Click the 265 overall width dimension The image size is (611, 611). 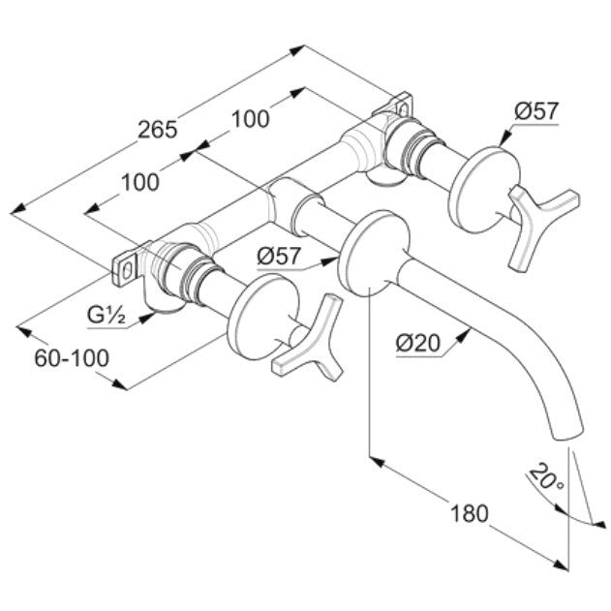(158, 130)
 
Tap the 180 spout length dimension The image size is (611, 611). (470, 513)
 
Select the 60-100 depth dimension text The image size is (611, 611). (72, 358)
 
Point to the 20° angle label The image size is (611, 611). (546, 477)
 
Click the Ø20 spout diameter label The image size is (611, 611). (418, 344)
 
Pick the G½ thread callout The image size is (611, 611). (107, 315)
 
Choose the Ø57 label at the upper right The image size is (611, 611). (536, 110)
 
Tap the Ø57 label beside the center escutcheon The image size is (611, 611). (279, 256)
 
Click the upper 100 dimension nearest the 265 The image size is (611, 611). (251, 119)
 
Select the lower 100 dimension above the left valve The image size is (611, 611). (140, 182)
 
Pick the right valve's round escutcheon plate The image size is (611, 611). (485, 189)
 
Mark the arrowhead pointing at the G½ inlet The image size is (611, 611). (146, 318)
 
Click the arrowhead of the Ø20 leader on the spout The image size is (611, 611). (463, 335)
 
